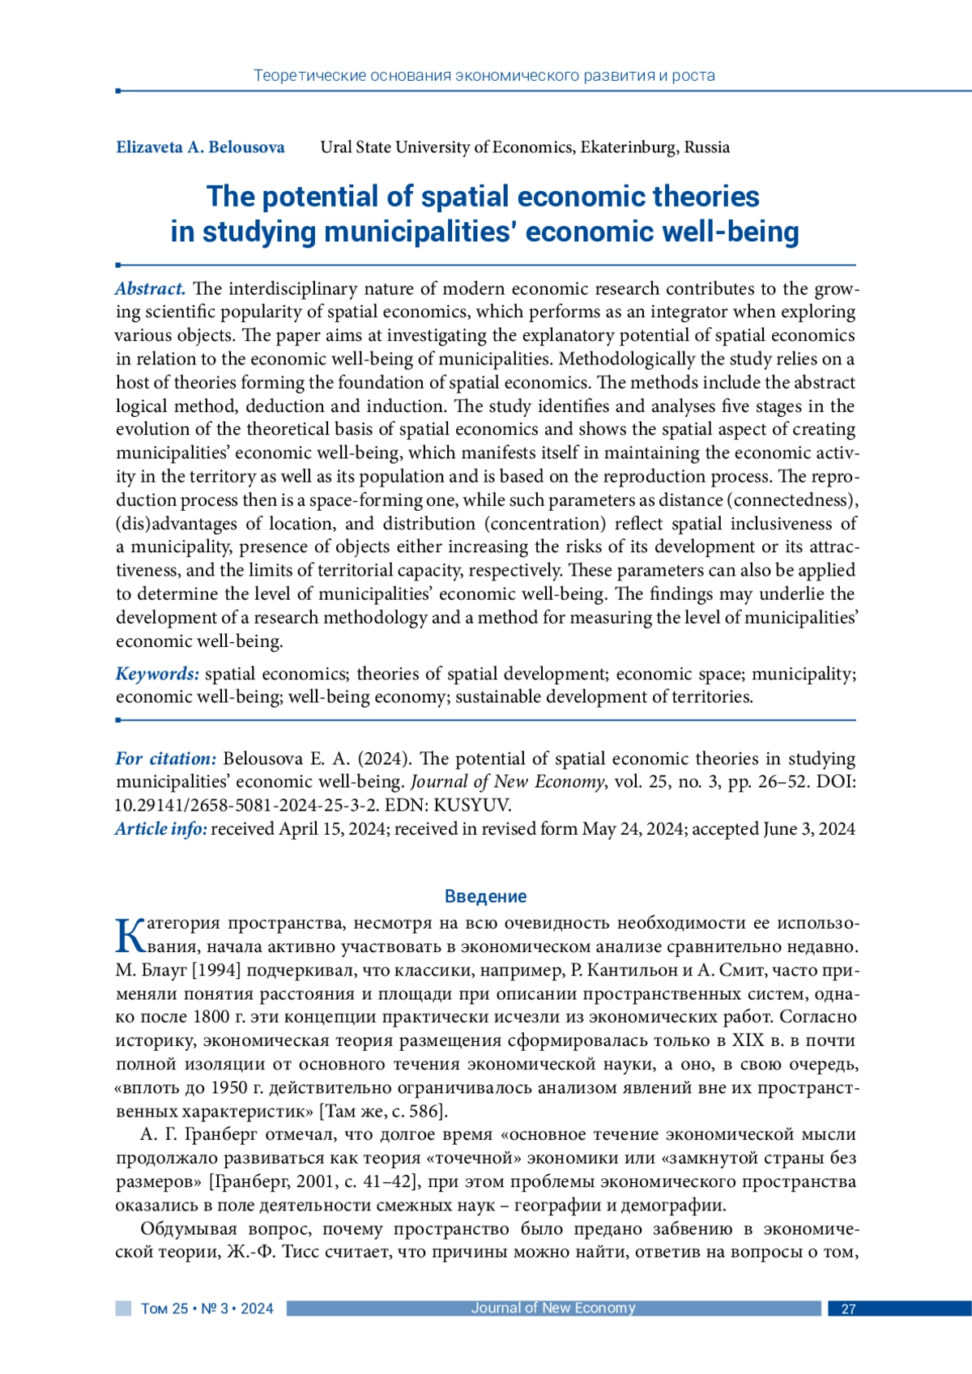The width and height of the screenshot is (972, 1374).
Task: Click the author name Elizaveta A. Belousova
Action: click(x=200, y=147)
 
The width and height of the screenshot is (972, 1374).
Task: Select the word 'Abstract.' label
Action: click(x=151, y=289)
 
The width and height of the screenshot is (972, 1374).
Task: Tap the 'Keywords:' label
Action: click(x=157, y=674)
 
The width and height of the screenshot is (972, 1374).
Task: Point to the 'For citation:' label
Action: click(x=166, y=759)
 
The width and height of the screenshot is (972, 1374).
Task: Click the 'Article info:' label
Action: click(x=160, y=829)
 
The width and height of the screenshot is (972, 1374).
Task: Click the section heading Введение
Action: click(x=485, y=896)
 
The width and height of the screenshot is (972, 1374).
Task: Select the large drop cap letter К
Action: click(x=130, y=935)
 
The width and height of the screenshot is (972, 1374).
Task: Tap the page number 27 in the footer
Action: click(x=848, y=1309)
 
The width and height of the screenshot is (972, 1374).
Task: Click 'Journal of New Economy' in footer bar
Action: click(x=553, y=1308)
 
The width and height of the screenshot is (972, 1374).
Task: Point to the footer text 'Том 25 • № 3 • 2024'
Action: click(x=207, y=1309)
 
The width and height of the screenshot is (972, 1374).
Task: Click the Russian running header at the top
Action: click(x=484, y=76)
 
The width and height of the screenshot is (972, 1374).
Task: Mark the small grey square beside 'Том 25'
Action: click(x=123, y=1308)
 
